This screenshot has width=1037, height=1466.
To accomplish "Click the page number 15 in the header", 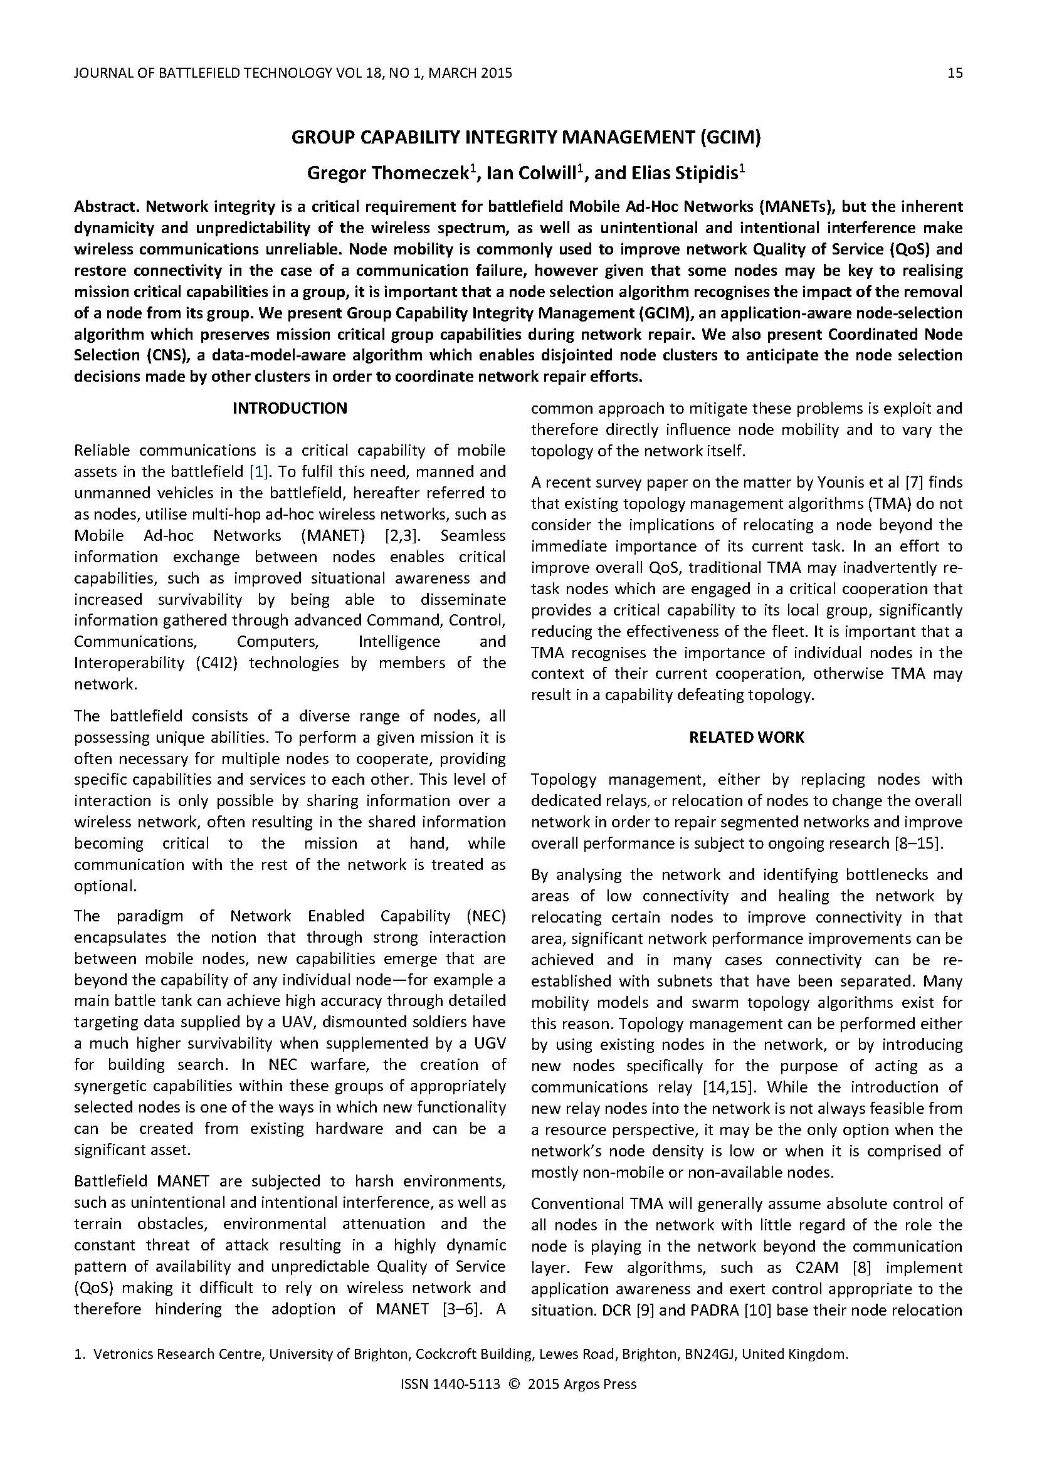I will (955, 73).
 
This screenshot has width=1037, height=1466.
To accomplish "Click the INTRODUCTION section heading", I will (290, 409).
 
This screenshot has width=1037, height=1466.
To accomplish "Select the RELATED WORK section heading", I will (747, 738).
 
